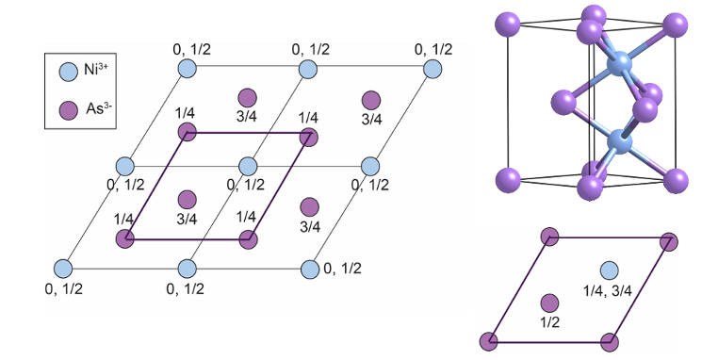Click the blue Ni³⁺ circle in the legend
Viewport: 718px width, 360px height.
(x=68, y=70)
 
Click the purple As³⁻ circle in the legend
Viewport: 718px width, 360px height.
(x=68, y=108)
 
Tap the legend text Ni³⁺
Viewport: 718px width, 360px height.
(x=99, y=69)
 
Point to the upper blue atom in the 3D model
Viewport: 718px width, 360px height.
(x=620, y=66)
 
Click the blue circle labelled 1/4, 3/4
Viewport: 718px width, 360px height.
(x=610, y=271)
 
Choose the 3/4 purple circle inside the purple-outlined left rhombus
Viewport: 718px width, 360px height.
(x=187, y=199)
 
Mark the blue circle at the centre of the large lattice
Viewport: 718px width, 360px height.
(x=248, y=167)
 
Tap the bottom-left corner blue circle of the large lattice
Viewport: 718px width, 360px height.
(x=63, y=268)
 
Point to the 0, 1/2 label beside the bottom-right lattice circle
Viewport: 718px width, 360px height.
(x=342, y=269)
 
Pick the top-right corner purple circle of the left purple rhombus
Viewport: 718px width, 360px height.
(x=308, y=137)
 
